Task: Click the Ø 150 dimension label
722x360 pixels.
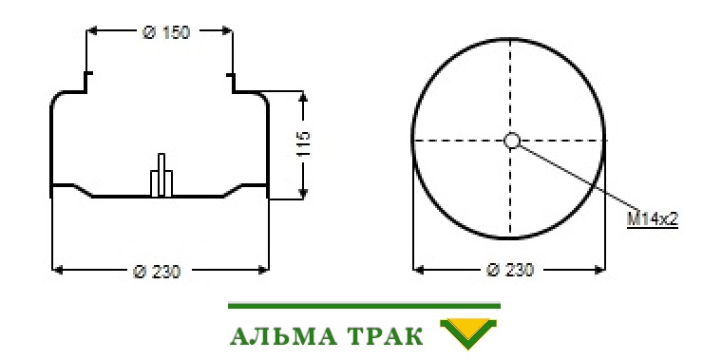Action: point(166,32)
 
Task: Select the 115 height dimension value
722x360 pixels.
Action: point(303,143)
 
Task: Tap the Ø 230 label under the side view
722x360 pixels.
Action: point(157,272)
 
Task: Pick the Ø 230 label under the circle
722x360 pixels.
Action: point(510,270)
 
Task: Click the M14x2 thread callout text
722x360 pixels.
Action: point(653,219)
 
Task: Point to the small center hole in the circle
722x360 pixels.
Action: point(511,141)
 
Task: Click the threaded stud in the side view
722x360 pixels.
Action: point(161,175)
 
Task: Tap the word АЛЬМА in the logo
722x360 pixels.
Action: point(282,336)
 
